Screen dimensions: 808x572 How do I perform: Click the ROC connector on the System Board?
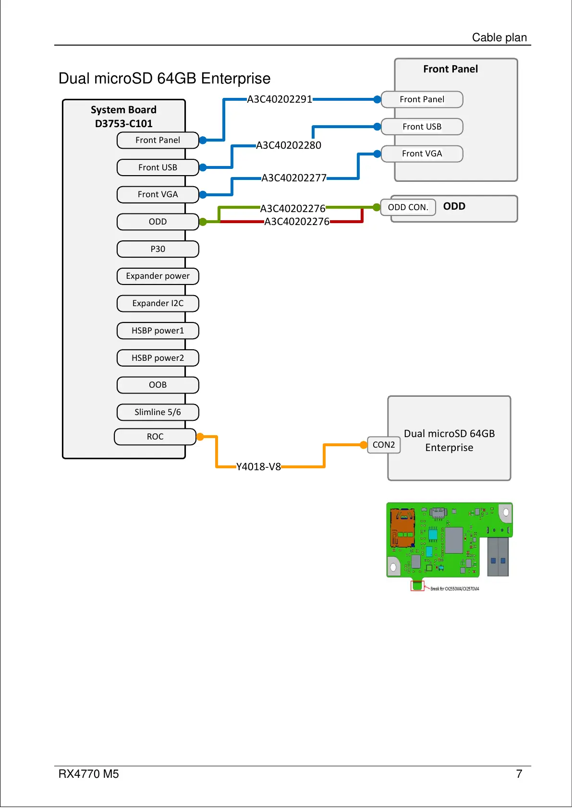point(155,437)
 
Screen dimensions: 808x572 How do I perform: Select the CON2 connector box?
point(384,445)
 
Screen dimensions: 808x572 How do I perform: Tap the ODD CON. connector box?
point(408,207)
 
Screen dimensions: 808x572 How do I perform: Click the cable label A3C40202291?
point(280,99)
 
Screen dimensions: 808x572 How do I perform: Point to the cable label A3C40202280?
point(289,145)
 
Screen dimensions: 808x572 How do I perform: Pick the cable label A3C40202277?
point(294,178)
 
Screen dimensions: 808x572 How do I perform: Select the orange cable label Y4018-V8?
point(258,467)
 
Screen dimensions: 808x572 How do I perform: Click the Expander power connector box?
point(158,276)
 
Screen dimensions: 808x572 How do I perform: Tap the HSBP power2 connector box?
point(158,358)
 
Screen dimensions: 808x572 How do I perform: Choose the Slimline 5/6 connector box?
point(158,412)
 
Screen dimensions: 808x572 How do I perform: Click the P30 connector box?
point(158,249)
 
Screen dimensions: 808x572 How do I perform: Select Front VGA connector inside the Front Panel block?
point(422,154)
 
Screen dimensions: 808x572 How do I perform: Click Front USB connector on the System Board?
point(158,167)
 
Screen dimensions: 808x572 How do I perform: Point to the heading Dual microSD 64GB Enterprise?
point(164,78)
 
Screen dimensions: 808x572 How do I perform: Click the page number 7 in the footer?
point(519,774)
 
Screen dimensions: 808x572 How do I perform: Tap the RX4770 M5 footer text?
point(88,774)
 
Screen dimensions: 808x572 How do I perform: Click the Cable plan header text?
point(499,37)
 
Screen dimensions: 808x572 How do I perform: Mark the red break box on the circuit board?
point(417,586)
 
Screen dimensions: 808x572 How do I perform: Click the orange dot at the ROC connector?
point(200,437)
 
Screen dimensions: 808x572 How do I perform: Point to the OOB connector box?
point(158,385)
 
